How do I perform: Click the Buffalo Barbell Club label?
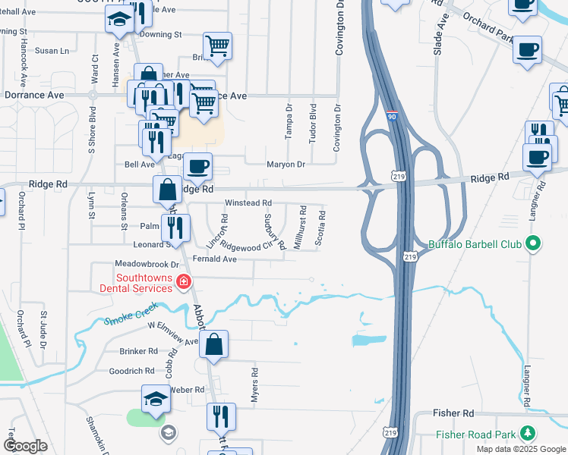point(478,244)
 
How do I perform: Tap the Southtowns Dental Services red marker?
point(183,283)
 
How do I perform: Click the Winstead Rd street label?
point(248,203)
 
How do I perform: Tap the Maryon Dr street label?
point(286,164)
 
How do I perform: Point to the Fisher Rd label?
point(453,413)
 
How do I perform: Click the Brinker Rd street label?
point(138,352)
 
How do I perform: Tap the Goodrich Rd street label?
point(131,371)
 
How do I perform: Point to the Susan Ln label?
point(52,51)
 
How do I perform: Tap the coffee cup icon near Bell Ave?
point(198,165)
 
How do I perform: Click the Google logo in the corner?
point(26,446)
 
